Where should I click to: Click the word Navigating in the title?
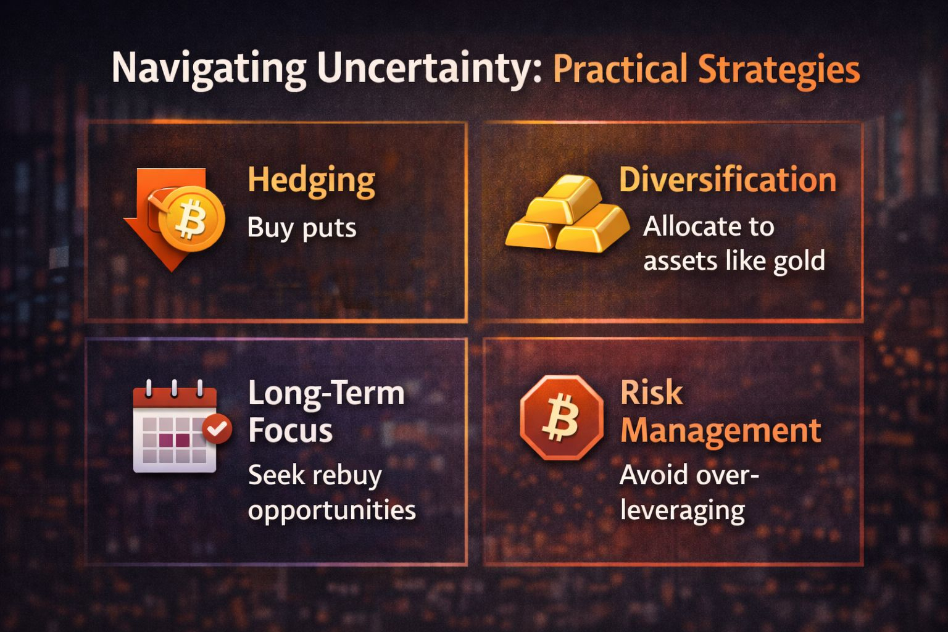pos(209,69)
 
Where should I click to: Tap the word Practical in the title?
pos(620,69)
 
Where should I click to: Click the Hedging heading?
pos(312,181)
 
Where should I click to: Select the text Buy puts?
pos(302,228)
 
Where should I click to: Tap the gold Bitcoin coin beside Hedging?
pos(192,219)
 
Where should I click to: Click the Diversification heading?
pos(728,180)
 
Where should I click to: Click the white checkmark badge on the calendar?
pos(217,429)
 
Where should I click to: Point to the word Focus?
pos(290,431)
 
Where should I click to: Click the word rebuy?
pos(347,476)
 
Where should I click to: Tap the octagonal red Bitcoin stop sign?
pos(562,418)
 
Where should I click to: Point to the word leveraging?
pos(682,512)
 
